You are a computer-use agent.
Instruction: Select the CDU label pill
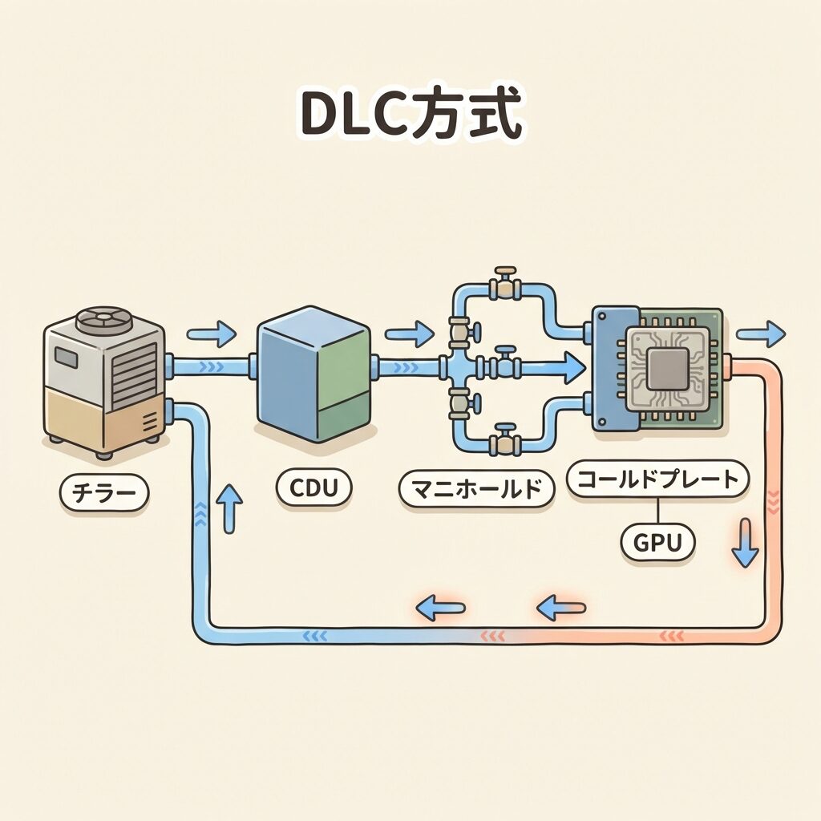point(313,487)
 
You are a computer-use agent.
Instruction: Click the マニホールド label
point(476,488)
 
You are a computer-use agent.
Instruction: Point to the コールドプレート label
point(657,480)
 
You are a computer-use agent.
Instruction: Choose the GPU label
point(657,543)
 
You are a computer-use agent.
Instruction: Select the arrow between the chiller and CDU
point(212,332)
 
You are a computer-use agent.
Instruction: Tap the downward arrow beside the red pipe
point(745,544)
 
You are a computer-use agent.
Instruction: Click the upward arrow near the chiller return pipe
point(231,509)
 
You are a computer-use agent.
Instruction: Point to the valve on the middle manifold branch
point(506,365)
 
